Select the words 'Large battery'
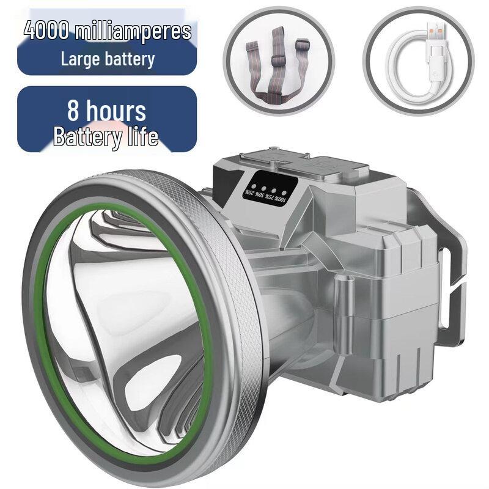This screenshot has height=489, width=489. coord(108,59)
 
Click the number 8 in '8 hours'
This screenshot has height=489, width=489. coord(75,111)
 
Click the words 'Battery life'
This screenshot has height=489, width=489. coord(106,136)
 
